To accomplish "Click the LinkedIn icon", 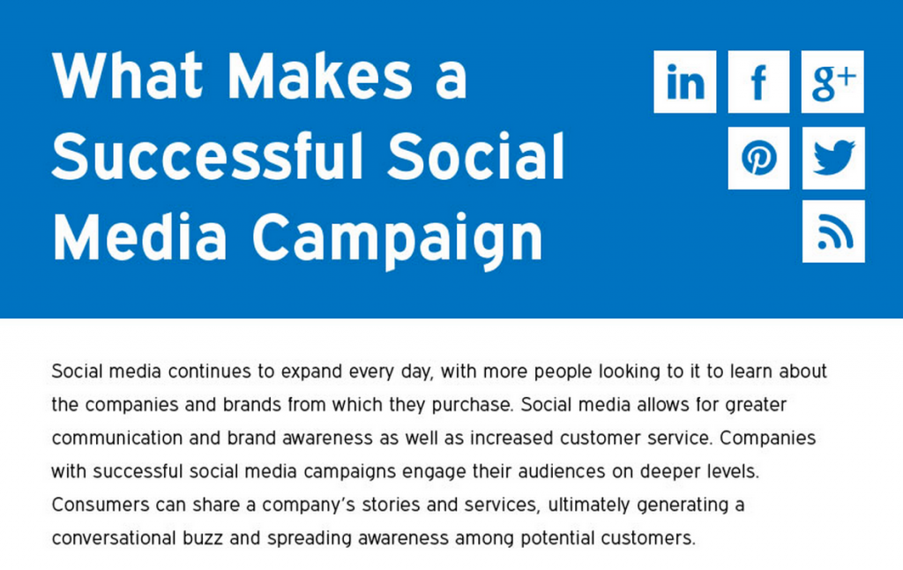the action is click(684, 81).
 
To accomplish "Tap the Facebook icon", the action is click(758, 81).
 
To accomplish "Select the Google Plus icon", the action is click(832, 81).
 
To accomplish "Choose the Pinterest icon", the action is click(758, 158).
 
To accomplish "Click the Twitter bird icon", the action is click(833, 158).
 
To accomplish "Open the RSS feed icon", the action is click(833, 231).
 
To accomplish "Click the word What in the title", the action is click(127, 76).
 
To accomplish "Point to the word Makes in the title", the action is click(319, 76).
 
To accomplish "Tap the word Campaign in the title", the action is click(398, 238).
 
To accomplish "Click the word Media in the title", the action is click(139, 236).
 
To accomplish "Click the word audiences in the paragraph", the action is click(562, 471).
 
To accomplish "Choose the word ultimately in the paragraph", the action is click(589, 506).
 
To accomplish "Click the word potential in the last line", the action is click(557, 539).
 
